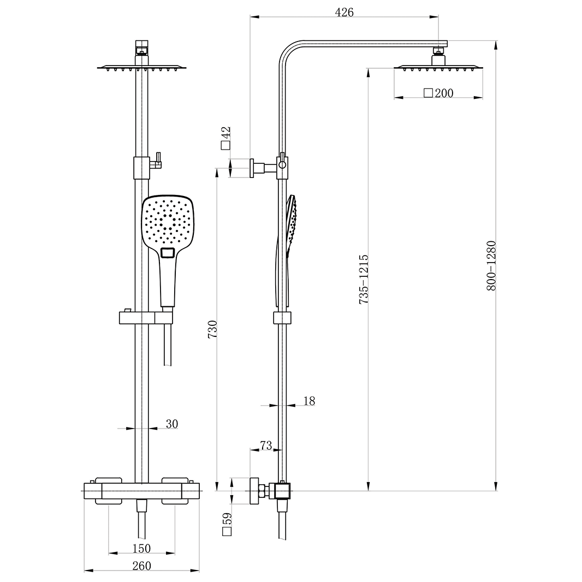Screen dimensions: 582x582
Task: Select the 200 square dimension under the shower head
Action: (x=439, y=93)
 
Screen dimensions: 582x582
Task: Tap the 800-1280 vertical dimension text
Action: (x=491, y=265)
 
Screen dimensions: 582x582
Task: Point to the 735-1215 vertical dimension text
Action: (x=364, y=278)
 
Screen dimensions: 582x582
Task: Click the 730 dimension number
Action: (x=213, y=329)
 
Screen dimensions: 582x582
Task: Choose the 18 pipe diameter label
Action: (x=308, y=401)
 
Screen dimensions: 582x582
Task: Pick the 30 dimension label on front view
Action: (x=171, y=424)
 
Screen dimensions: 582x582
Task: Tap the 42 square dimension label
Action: (x=226, y=138)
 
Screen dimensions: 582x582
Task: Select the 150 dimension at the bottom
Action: (x=141, y=548)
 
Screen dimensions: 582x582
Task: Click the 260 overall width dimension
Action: (x=141, y=566)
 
